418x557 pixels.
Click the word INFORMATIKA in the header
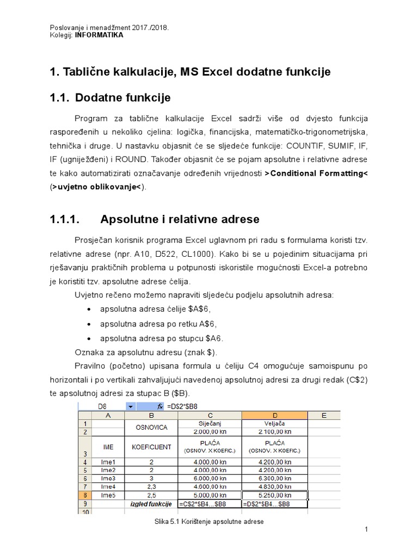coord(99,34)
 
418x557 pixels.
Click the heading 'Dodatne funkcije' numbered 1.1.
coord(122,98)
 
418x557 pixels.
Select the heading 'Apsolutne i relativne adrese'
coord(180,220)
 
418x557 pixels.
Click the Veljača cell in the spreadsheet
coord(274,423)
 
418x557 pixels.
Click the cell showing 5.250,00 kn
coord(274,496)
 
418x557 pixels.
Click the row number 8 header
coord(84,496)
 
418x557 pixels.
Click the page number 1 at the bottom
coord(367,529)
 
